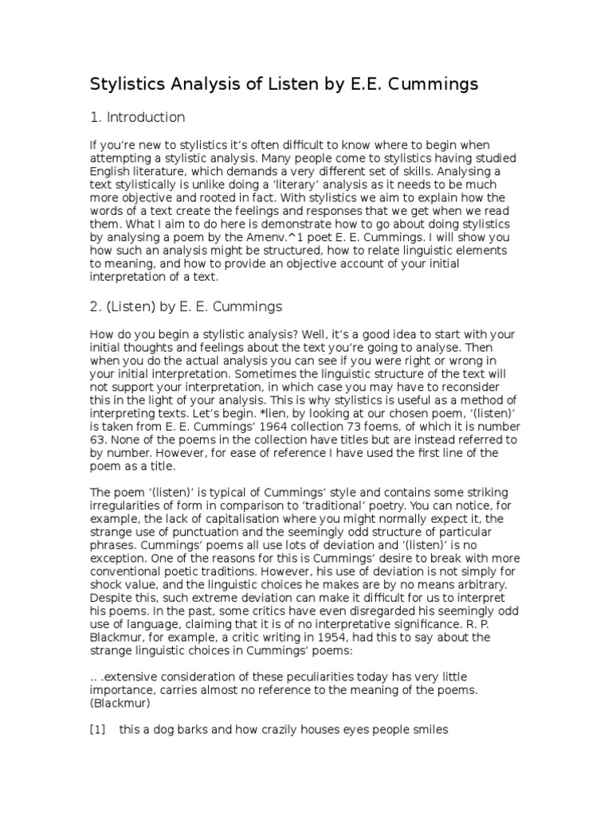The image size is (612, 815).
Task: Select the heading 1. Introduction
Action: point(137,118)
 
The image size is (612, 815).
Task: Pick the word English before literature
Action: point(112,170)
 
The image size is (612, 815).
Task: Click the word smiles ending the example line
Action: point(430,728)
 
